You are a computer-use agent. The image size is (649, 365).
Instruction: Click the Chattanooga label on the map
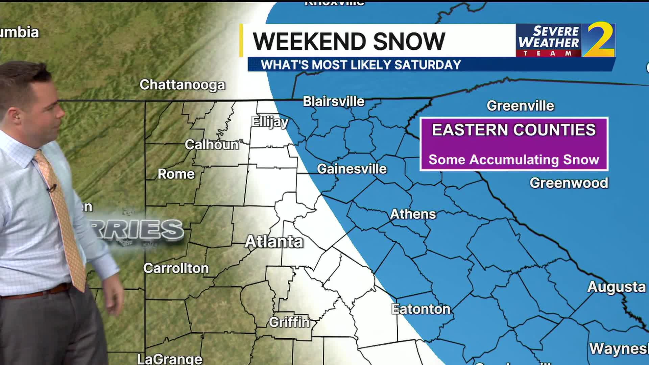click(182, 85)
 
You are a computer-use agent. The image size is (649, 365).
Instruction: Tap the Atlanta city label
click(274, 242)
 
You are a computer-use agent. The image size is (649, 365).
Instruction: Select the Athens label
click(413, 214)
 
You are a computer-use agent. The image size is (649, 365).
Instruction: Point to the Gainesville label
click(352, 169)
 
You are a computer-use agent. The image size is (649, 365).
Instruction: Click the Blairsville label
click(334, 101)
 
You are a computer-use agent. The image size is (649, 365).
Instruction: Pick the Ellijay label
click(270, 122)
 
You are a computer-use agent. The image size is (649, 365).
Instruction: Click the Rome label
click(176, 174)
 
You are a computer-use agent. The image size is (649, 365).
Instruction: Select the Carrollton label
click(176, 268)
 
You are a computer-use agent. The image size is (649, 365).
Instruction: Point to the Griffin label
click(289, 322)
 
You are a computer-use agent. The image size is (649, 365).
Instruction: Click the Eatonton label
click(421, 309)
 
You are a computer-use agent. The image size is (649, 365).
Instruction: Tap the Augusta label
click(617, 287)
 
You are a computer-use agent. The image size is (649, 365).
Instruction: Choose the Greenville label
click(520, 106)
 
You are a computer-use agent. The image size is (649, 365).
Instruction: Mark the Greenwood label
click(569, 183)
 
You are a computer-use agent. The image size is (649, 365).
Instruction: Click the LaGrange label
click(170, 359)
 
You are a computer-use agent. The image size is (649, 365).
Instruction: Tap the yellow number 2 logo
click(600, 40)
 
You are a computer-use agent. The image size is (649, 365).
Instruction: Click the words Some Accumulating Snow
click(514, 160)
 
